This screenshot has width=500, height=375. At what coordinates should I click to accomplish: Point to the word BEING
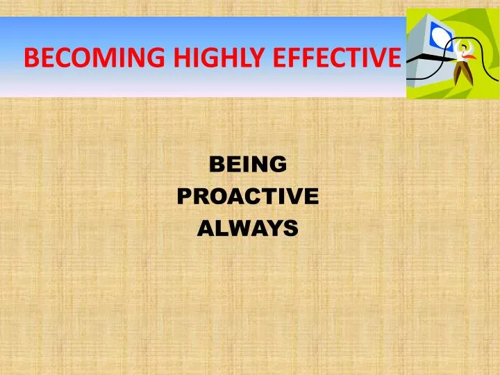point(248,165)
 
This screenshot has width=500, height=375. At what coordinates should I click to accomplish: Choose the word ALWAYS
point(248,227)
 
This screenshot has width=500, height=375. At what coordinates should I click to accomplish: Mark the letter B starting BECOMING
point(30,58)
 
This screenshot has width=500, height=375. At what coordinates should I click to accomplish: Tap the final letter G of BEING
point(278,165)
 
